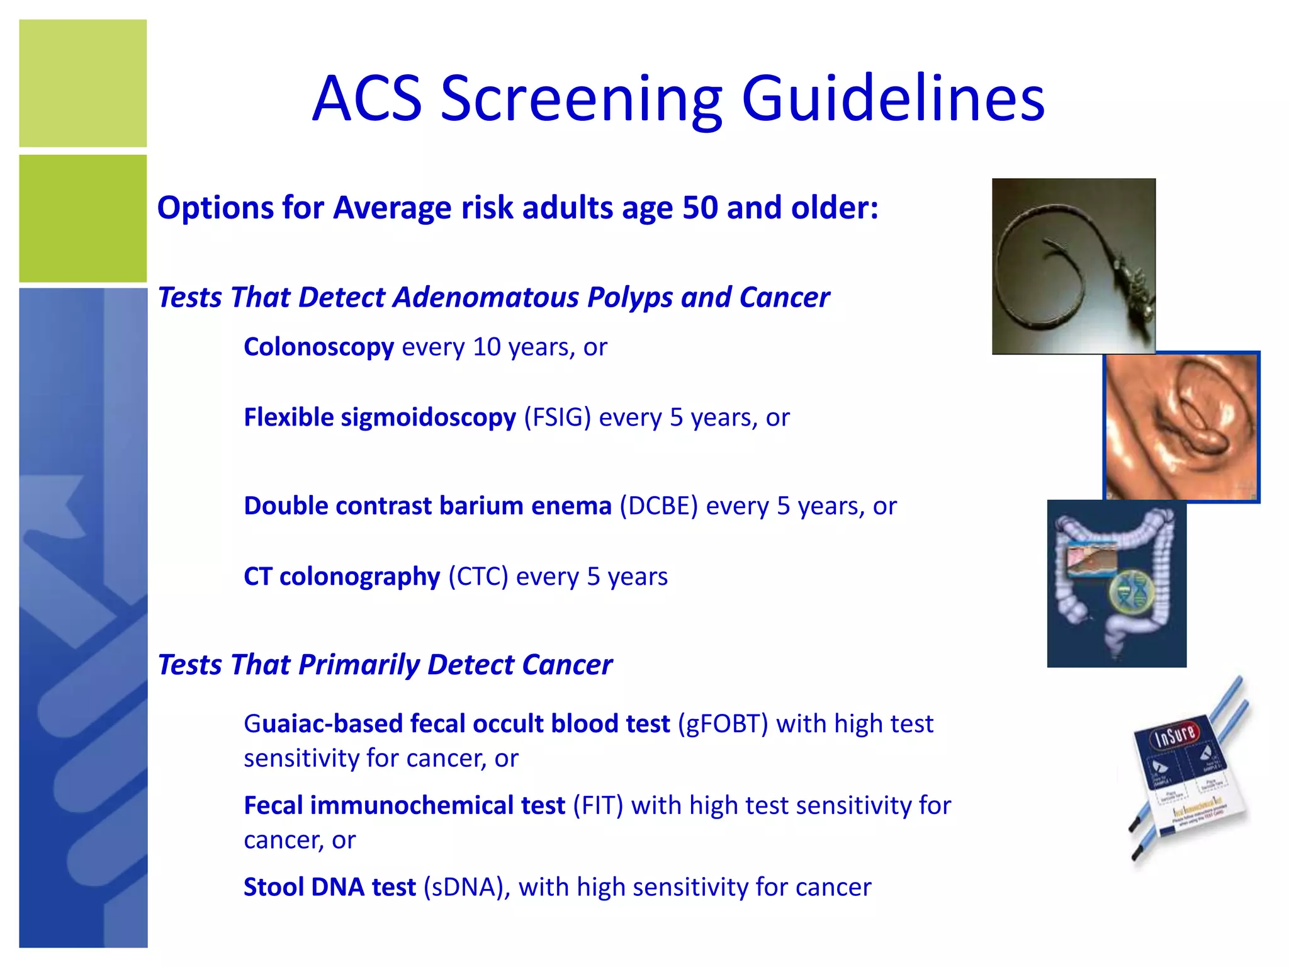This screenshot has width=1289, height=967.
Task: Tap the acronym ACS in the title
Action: click(367, 99)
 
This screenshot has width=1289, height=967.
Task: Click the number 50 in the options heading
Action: click(700, 208)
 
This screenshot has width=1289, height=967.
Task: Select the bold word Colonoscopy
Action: click(318, 347)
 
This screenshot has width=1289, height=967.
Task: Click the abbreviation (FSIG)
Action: click(557, 417)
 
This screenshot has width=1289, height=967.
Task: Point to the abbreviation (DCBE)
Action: click(658, 506)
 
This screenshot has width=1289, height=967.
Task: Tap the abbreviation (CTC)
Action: click(478, 577)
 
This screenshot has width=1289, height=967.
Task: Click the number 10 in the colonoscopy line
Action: click(486, 347)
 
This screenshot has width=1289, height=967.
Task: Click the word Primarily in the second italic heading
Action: click(359, 665)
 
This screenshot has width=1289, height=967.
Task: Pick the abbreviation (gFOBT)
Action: click(723, 724)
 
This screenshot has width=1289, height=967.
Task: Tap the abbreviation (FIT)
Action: click(597, 806)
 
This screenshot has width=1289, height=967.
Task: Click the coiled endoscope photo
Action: click(1073, 266)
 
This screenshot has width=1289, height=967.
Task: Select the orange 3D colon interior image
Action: click(1181, 427)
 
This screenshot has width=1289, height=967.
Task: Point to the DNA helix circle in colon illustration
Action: click(1131, 593)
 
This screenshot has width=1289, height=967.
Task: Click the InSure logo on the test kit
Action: click(1174, 734)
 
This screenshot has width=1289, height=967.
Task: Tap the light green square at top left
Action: click(82, 83)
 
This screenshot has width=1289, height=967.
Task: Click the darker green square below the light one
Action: click(82, 218)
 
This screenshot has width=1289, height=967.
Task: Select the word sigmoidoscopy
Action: click(428, 417)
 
